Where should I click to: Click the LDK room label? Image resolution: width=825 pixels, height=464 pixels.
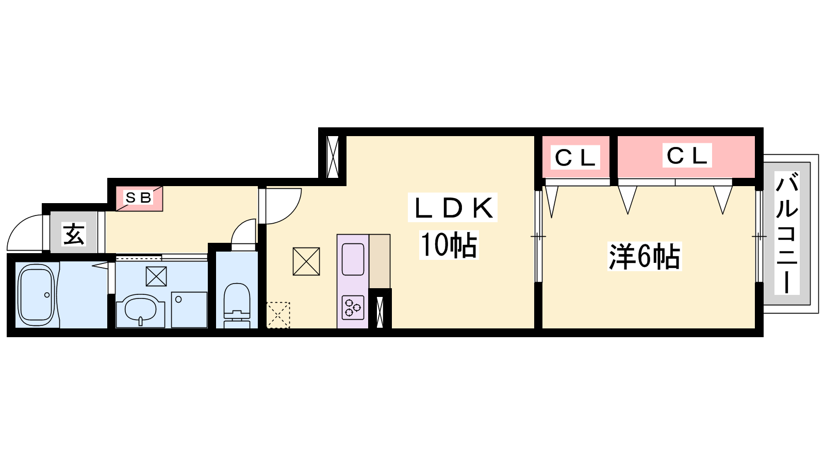(x=453, y=208)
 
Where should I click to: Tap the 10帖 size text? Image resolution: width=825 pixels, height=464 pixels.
(x=449, y=245)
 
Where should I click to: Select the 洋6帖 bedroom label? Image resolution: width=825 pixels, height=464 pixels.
(x=645, y=256)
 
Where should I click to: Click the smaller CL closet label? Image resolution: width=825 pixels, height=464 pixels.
(x=575, y=158)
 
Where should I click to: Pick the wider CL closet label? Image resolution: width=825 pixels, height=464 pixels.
(x=687, y=155)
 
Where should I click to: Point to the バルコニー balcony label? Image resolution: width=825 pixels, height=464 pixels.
(x=787, y=233)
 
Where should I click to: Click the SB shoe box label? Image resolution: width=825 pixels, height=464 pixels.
(x=138, y=198)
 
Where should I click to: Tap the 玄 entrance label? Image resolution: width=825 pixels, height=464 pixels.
(x=74, y=234)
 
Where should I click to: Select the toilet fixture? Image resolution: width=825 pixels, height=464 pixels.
(x=237, y=305)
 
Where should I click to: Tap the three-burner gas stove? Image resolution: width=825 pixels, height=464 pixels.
(x=353, y=307)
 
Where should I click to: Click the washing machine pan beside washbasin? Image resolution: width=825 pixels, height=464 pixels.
(x=189, y=309)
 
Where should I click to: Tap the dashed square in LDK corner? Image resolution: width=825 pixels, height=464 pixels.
(x=278, y=315)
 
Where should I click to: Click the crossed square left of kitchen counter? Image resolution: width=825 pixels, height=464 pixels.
(x=306, y=261)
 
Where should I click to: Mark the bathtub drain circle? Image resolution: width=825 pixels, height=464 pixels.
(x=47, y=295)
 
